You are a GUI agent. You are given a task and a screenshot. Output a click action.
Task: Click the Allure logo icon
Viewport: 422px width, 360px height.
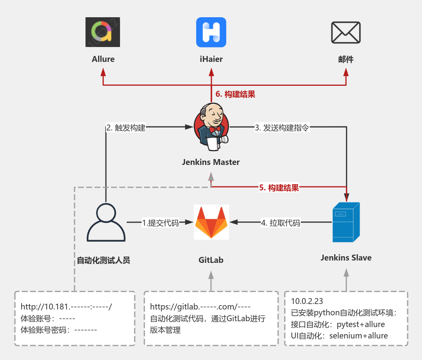tap(103, 32)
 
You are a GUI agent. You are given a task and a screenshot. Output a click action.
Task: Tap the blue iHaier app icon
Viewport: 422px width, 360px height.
tap(211, 32)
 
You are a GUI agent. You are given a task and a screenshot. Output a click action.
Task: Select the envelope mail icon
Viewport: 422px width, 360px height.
tap(346, 32)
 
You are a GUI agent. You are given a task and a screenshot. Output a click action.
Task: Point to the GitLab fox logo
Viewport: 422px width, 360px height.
tap(211, 222)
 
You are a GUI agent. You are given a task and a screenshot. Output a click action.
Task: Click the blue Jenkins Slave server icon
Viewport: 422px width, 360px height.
tap(346, 222)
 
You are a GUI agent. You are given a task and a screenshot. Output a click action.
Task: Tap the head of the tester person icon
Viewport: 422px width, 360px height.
tap(106, 214)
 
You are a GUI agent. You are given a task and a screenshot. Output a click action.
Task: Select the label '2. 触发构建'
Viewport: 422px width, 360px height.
tap(126, 128)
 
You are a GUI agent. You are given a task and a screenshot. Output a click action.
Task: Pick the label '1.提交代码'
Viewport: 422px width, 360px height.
tap(160, 223)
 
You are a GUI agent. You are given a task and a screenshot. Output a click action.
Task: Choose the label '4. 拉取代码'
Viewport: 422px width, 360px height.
tap(280, 223)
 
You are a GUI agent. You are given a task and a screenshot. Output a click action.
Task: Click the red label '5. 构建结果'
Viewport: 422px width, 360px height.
tap(279, 188)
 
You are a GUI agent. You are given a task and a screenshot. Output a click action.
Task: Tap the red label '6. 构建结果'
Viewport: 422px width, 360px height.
tap(235, 94)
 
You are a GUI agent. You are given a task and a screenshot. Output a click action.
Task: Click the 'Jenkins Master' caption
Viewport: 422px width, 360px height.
tap(211, 162)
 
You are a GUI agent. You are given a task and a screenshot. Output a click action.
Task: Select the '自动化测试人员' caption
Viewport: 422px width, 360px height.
tap(103, 260)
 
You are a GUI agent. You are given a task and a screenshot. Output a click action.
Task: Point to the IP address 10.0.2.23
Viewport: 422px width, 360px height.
tap(307, 301)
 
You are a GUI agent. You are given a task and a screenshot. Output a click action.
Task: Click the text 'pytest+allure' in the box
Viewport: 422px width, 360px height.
tap(361, 324)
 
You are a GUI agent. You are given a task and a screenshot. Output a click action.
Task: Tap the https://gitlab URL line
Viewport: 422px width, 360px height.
tap(200, 306)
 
